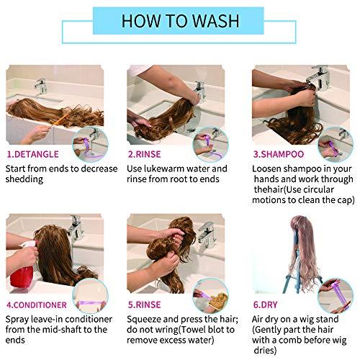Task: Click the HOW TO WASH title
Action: [180, 21]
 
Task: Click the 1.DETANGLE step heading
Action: [32, 154]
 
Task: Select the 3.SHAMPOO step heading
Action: [279, 154]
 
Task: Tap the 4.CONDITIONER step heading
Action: [37, 305]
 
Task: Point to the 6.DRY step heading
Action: [265, 305]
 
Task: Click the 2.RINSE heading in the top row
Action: [144, 154]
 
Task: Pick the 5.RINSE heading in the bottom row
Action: [144, 305]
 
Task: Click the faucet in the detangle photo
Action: [41, 86]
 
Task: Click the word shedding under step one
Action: [24, 179]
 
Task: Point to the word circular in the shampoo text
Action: [318, 189]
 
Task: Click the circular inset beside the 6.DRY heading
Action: [336, 295]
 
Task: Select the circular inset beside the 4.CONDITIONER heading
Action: [90, 295]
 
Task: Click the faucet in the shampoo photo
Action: [319, 77]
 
